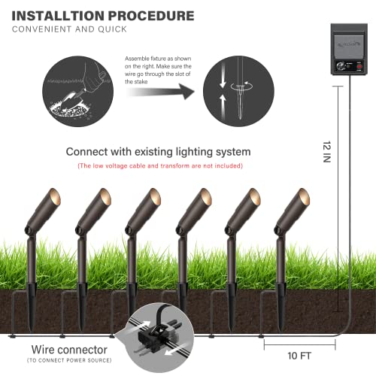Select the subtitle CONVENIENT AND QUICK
(x=73, y=31)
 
